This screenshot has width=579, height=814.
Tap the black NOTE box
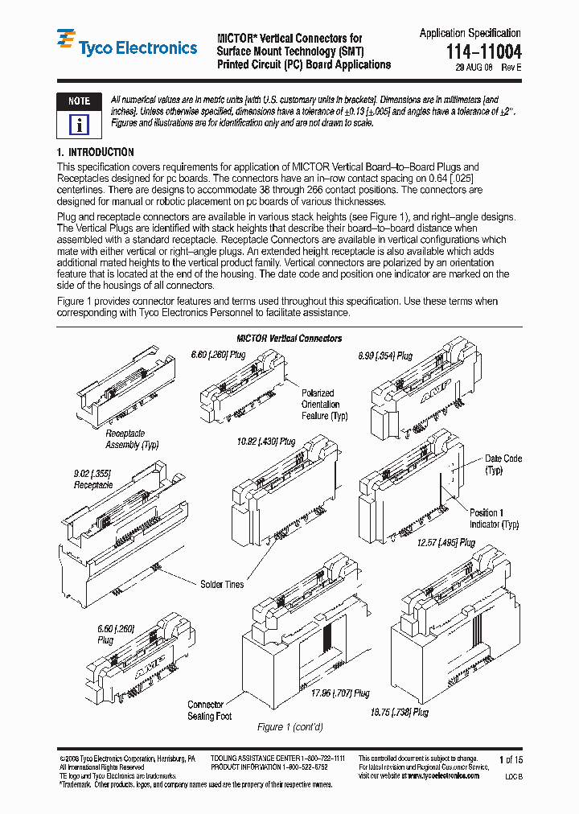tap(79, 101)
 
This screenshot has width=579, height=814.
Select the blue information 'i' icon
tap(79, 125)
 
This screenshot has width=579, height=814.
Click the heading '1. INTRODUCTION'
tap(96, 152)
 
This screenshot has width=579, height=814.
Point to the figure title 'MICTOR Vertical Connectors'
tap(289, 339)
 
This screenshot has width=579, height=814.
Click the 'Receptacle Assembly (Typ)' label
tap(132, 439)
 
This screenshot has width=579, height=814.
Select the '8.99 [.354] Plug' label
tap(385, 356)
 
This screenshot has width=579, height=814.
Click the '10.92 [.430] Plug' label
tap(265, 442)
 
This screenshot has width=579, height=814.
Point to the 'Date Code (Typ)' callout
tap(503, 464)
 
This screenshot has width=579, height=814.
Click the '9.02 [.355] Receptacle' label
tap(93, 480)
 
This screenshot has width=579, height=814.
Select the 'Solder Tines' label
tap(222, 585)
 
